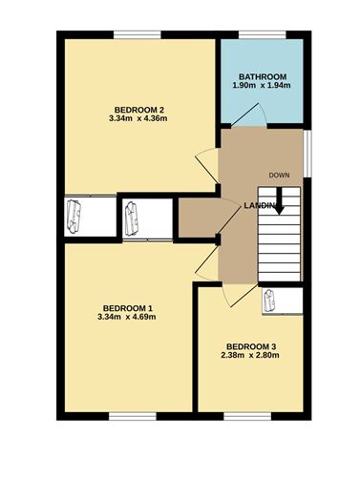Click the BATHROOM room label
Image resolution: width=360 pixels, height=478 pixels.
(263, 76)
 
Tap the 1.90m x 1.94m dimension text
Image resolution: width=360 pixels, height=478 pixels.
(262, 85)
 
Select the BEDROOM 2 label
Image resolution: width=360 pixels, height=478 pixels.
(139, 110)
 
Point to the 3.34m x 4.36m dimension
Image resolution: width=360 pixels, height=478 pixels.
(138, 118)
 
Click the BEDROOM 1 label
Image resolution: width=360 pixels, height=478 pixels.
(128, 308)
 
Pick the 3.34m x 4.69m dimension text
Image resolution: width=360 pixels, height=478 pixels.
(127, 317)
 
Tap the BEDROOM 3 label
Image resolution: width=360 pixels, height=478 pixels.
(251, 346)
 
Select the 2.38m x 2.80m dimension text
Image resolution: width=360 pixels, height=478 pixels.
(250, 355)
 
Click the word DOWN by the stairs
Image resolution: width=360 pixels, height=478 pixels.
(279, 175)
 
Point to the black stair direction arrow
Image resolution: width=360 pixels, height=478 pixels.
(279, 201)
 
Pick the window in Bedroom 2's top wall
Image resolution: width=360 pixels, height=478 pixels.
(138, 34)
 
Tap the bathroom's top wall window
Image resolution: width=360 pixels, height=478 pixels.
(263, 34)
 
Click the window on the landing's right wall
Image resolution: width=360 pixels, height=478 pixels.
(307, 154)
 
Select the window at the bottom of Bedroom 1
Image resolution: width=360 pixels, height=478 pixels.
(133, 416)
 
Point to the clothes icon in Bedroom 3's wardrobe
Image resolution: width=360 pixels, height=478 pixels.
(268, 301)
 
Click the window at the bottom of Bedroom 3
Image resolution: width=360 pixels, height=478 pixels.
(247, 416)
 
